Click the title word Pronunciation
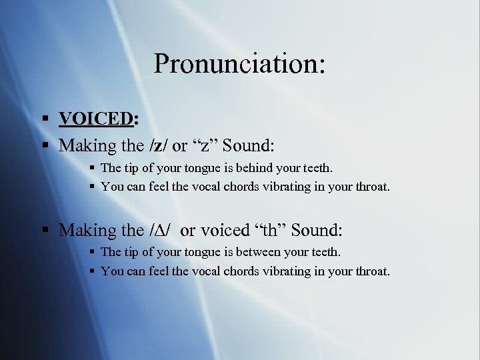[x=239, y=64]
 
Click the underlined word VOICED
[x=95, y=119]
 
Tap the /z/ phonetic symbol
[x=156, y=145]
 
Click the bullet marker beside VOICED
[x=45, y=119]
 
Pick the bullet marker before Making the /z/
[x=45, y=145]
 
